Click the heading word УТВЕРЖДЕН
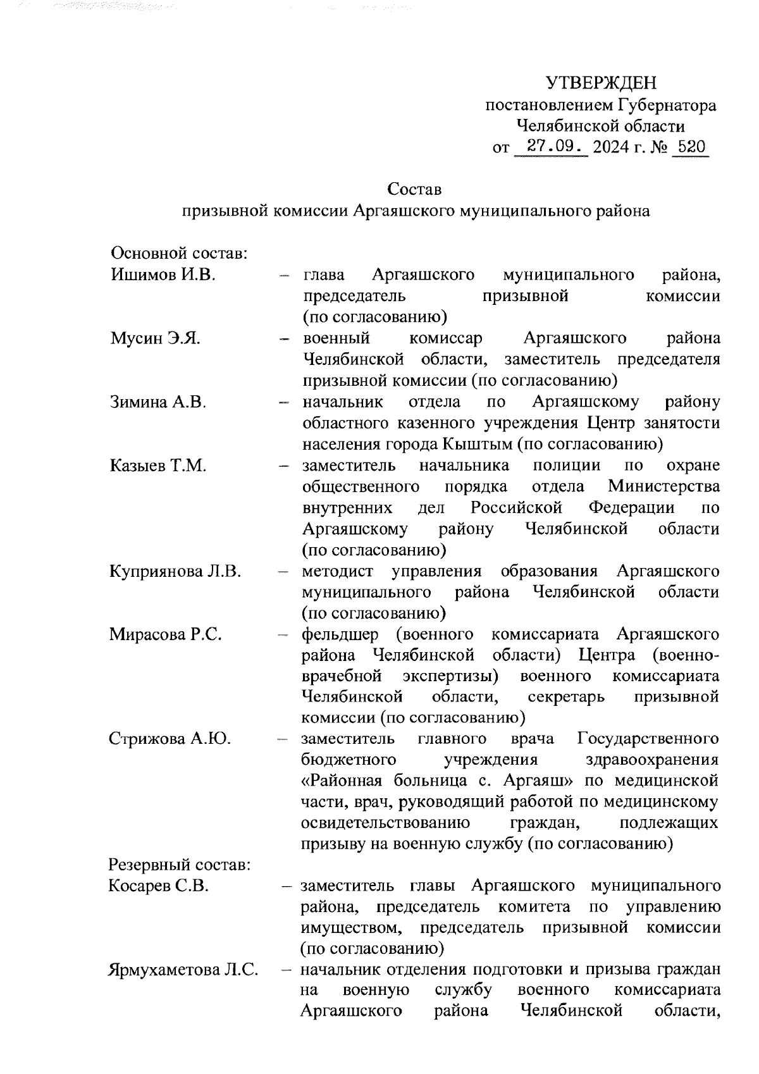point(601,83)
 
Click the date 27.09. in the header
point(551,147)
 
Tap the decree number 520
point(691,147)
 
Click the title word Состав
point(414,189)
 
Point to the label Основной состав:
point(178,254)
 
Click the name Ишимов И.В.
point(163,275)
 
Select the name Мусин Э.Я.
point(156,338)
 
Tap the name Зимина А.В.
point(158,402)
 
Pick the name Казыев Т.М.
point(158,466)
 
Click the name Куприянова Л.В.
point(175,571)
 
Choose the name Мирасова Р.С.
point(165,634)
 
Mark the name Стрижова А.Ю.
point(170,739)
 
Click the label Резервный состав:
point(180,865)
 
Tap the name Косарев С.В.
point(158,886)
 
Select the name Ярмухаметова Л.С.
point(183,970)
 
